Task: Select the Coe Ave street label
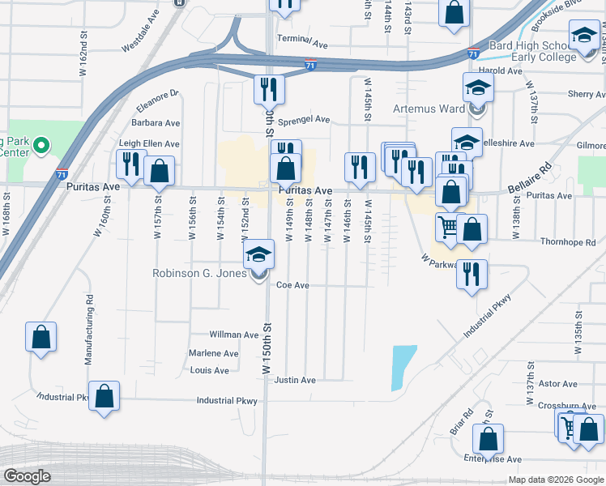coord(293,285)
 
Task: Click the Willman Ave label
coord(233,335)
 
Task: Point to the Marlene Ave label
coord(213,354)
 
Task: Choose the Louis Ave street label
coord(210,370)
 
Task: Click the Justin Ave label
coord(295,380)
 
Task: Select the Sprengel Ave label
coord(304,120)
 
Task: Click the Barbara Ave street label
coord(156,123)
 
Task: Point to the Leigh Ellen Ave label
coord(149,143)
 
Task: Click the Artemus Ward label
coord(429,109)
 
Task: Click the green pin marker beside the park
coord(41,147)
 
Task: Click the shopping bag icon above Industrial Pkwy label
coord(104,396)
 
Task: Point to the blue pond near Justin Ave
coord(403,367)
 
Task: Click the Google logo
coord(27,477)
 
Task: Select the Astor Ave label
coord(558,384)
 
